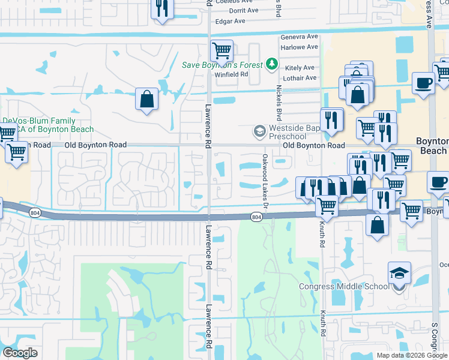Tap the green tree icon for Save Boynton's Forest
[272, 63]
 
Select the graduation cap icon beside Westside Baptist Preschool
[259, 131]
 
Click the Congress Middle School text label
[345, 286]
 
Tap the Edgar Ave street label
[231, 21]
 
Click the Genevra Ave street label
[299, 37]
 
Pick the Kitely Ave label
[301, 68]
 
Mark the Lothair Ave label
[300, 78]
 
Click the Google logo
[20, 353]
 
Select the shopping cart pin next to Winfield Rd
[221, 51]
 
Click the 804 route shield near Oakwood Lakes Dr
[256, 217]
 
